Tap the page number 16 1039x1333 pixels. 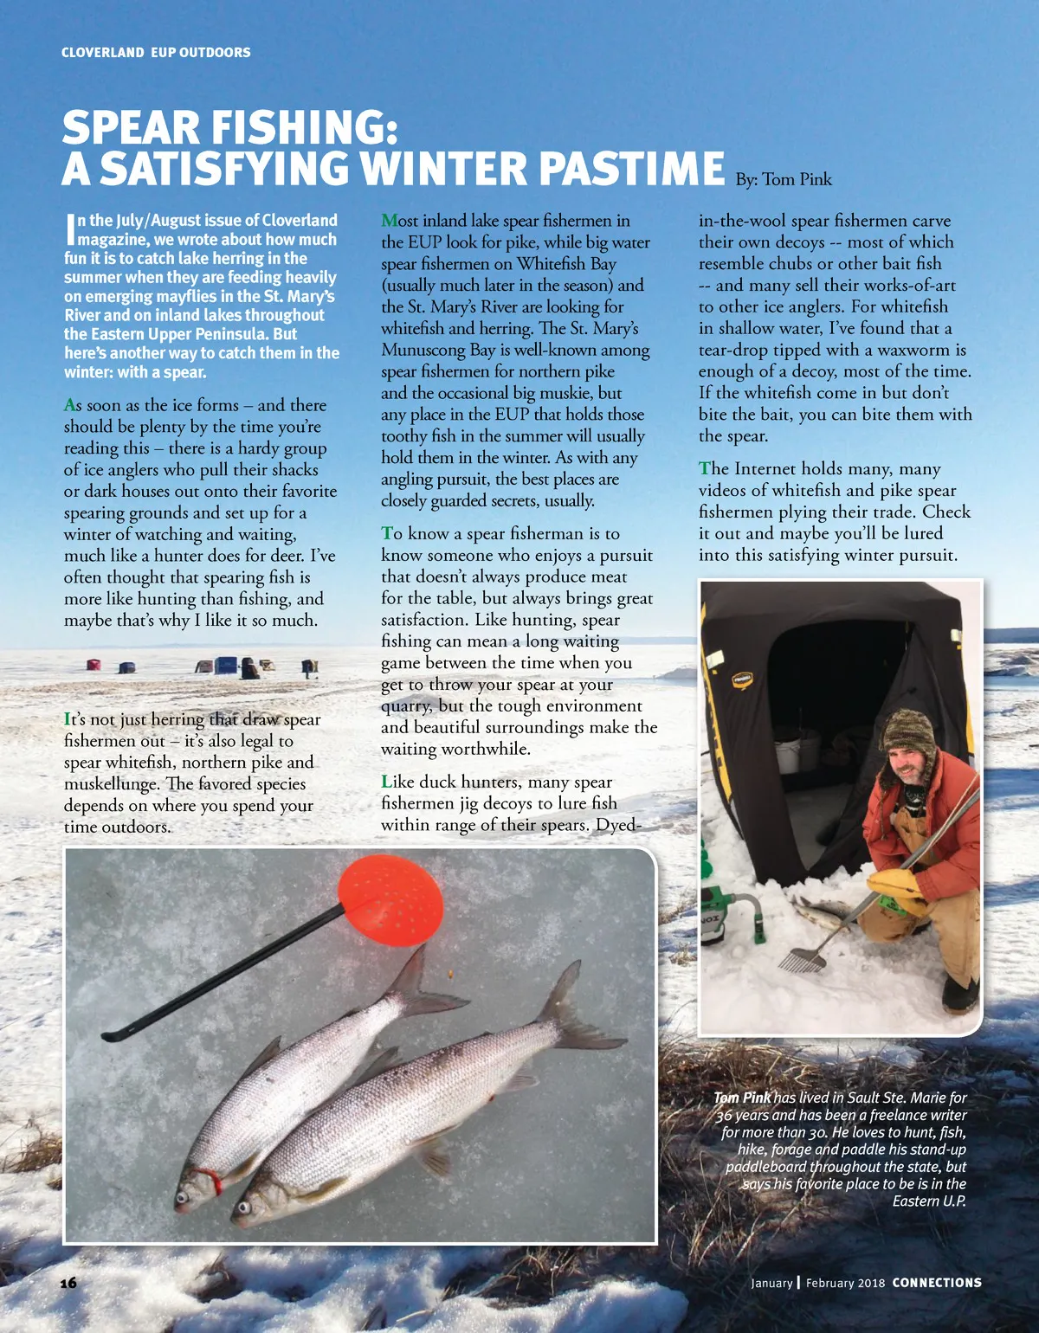(69, 1283)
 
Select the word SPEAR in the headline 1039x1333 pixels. (131, 128)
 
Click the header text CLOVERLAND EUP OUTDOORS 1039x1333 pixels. (156, 53)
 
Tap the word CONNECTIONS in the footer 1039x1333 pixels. (937, 1283)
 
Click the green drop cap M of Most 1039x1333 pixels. (389, 221)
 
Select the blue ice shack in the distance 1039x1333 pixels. (226, 666)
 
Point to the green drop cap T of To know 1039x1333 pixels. (386, 534)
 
